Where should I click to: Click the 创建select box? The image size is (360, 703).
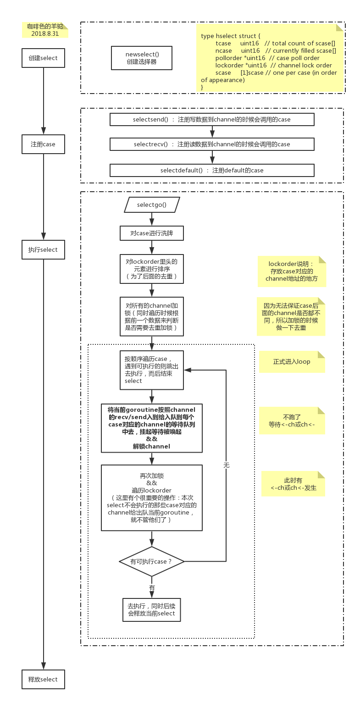coord(43,58)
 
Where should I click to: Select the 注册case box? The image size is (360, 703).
coord(43,144)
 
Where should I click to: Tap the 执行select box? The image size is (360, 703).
coord(43,249)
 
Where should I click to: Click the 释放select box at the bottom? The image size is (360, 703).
coord(43,679)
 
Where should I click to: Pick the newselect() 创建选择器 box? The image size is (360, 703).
coord(142,58)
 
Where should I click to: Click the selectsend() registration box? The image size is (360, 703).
coord(212,119)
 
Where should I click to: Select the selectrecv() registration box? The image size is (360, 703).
coord(212,144)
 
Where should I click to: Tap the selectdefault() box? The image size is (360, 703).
coord(212,170)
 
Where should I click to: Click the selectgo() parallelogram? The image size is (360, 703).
coord(152,205)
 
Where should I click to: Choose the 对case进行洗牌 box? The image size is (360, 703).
coord(152,233)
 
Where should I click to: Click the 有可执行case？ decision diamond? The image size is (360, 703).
coord(152,561)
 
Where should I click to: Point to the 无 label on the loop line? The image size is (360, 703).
coord(226,465)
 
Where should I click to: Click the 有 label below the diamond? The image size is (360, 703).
coord(152,587)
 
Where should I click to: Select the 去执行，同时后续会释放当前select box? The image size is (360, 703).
coord(152,609)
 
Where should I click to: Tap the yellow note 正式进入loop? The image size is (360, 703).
coord(292,361)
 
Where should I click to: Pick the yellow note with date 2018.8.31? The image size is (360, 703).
coord(45,30)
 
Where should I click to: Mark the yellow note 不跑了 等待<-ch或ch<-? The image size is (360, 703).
coord(292,421)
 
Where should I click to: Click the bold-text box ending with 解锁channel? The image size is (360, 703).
coord(152,428)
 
